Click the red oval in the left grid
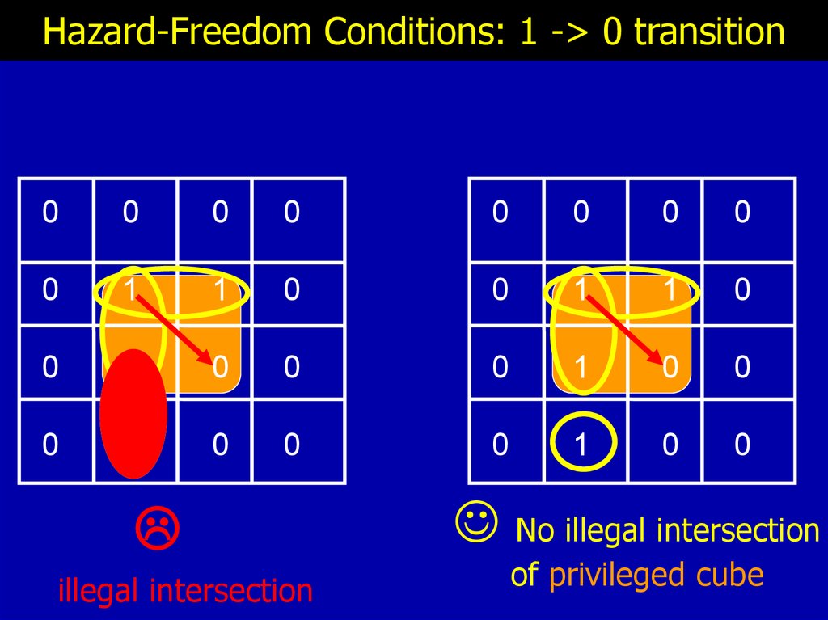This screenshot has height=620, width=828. coord(133,413)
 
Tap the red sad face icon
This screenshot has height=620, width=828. coord(157,527)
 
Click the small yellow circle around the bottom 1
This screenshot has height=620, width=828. coord(584,442)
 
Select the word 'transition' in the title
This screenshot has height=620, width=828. coord(709,33)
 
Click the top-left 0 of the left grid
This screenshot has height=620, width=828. coord(50,213)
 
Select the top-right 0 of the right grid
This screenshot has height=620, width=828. coord(742,213)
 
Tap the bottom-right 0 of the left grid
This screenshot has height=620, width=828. coord(292,444)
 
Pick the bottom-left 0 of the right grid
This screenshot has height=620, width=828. coord(501,444)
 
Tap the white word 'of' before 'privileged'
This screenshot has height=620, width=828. coord(525,575)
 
